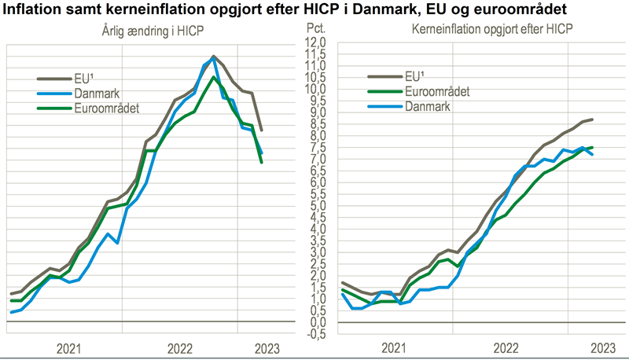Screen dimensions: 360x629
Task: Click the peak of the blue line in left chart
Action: click(214, 56)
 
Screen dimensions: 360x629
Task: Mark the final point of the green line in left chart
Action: click(262, 163)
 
